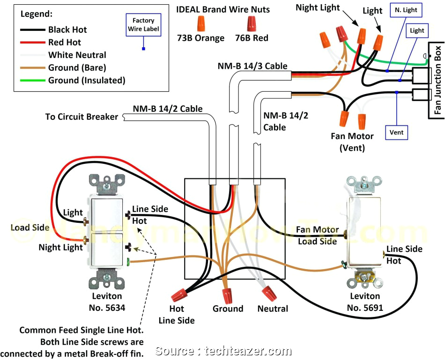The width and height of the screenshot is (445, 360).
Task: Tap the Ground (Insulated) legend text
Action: click(x=87, y=81)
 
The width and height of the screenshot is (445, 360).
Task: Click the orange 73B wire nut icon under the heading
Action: click(x=200, y=22)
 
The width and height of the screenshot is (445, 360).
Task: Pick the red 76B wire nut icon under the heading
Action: click(x=252, y=22)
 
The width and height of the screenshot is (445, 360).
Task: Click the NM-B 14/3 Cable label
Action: click(x=252, y=66)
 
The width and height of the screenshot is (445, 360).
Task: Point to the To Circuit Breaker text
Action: click(x=82, y=117)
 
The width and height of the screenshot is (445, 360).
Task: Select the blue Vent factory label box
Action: click(x=396, y=132)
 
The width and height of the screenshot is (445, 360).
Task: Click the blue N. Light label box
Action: click(x=404, y=10)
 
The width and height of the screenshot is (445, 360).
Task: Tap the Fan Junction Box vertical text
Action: click(x=438, y=81)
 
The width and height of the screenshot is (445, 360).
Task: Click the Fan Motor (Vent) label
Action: click(x=352, y=142)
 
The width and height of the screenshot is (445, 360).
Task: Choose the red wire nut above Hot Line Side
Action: click(x=179, y=295)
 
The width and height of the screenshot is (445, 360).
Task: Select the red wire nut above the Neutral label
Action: click(x=268, y=294)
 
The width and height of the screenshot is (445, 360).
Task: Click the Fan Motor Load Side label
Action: click(x=318, y=235)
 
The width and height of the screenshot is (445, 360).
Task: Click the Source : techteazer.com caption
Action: click(x=223, y=351)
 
